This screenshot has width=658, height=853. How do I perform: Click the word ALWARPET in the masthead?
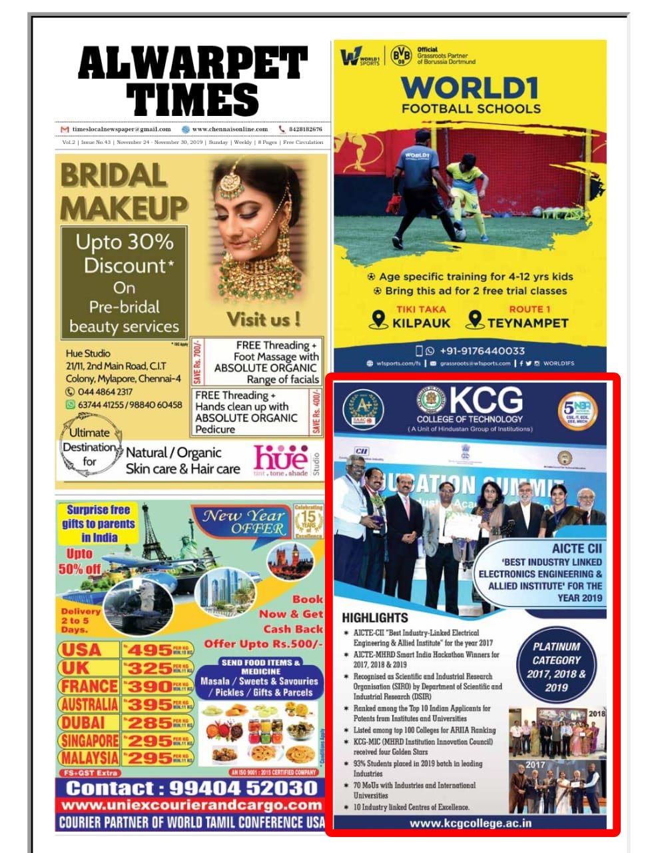coord(192,65)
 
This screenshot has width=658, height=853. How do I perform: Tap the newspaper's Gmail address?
coord(121,129)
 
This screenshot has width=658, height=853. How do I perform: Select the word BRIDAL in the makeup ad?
coord(113,176)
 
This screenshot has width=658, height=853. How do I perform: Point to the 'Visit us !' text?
coord(263,319)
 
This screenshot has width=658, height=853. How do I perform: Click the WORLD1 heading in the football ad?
coord(470,88)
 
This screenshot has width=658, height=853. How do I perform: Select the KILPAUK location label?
coord(421,323)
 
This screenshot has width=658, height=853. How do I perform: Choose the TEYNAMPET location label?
coord(527,323)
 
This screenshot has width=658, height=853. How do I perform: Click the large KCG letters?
coord(487,401)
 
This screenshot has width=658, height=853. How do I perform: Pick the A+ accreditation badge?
coord(364,408)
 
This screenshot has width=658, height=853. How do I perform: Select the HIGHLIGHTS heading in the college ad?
coord(375,618)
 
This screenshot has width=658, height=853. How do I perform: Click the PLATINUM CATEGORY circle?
coord(556,666)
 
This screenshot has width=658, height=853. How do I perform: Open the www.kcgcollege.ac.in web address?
coord(470,823)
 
